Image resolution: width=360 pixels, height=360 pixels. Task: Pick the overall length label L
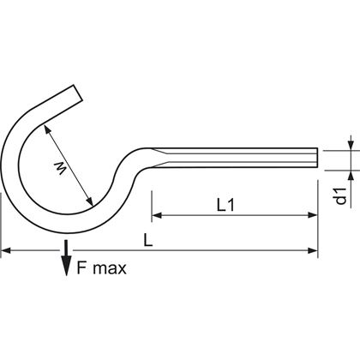click(149, 242)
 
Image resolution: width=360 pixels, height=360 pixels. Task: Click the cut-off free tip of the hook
click(79, 93)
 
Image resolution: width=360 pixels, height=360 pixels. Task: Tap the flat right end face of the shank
click(317, 159)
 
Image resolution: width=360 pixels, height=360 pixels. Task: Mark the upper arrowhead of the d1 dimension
click(349, 144)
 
